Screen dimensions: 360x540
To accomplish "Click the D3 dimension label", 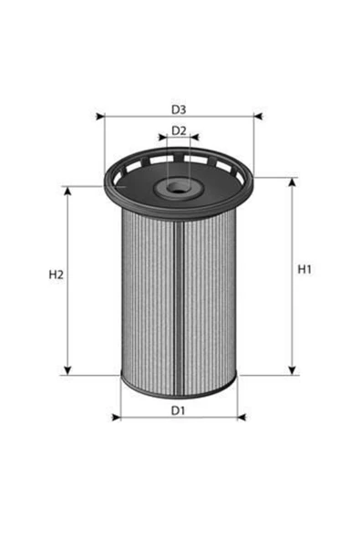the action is [179, 109].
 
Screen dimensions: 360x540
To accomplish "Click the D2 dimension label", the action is [179, 130].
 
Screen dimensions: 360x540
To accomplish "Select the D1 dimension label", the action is [179, 410].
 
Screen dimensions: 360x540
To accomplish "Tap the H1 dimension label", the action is [304, 269].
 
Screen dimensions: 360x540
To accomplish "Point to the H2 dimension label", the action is [57, 275].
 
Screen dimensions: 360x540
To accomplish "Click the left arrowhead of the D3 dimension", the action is [100, 117].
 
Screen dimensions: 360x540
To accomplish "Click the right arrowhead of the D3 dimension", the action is [258, 117].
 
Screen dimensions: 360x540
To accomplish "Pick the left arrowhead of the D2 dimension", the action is [162, 137].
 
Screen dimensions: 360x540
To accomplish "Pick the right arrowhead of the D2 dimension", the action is [195, 137].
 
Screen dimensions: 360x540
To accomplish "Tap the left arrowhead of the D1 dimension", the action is [117, 418].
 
